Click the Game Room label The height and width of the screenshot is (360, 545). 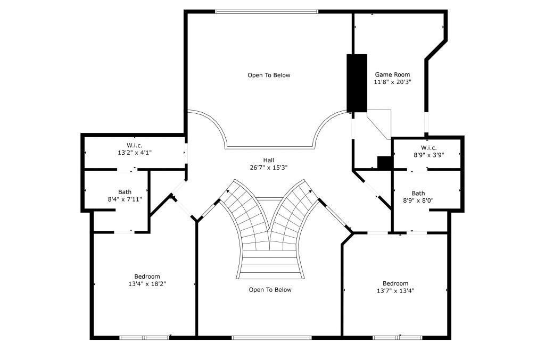[392, 75]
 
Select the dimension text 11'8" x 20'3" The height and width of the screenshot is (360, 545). [392, 82]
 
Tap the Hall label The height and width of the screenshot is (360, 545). [269, 160]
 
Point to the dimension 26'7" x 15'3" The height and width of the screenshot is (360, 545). [269, 168]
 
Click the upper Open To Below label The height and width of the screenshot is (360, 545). [269, 76]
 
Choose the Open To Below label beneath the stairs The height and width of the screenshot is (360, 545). [270, 290]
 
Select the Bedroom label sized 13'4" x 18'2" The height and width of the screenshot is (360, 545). [147, 277]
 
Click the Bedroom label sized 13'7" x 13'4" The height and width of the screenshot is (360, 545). [395, 283]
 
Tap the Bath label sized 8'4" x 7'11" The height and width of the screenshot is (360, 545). [125, 192]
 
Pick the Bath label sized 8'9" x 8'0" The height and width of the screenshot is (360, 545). [418, 193]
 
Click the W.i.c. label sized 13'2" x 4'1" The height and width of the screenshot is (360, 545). [134, 146]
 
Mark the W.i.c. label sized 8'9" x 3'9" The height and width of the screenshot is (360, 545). [428, 148]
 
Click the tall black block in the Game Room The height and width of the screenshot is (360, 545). [357, 82]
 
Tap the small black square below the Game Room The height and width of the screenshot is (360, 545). [384, 163]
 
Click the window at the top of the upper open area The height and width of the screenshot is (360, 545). [267, 11]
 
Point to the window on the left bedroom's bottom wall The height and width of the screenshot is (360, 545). [144, 337]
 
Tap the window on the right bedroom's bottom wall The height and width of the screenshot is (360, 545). [398, 337]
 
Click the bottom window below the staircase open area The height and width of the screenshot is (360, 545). [271, 337]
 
